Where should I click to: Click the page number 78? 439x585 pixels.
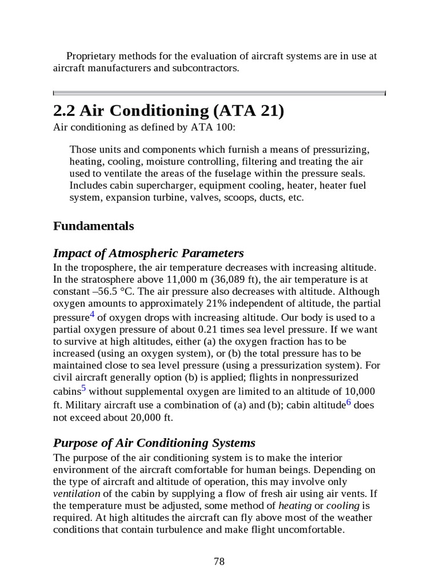pyautogui.click(x=219, y=561)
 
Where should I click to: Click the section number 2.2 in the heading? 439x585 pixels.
pyautogui.click(x=64, y=110)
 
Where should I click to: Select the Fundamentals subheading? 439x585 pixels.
pyautogui.click(x=93, y=226)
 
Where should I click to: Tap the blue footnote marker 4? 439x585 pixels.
pyautogui.click(x=93, y=314)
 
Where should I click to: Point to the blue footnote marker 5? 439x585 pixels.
pyautogui.click(x=83, y=388)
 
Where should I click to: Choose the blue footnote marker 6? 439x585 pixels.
pyautogui.click(x=349, y=400)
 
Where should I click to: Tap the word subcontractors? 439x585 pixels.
pyautogui.click(x=202, y=68)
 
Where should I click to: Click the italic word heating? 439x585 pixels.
pyautogui.click(x=294, y=506)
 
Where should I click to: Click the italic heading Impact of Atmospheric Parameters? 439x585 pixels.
pyautogui.click(x=148, y=253)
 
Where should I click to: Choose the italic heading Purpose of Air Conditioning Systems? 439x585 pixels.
pyautogui.click(x=154, y=443)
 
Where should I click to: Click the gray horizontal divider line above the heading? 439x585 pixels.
pyautogui.click(x=219, y=92)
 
